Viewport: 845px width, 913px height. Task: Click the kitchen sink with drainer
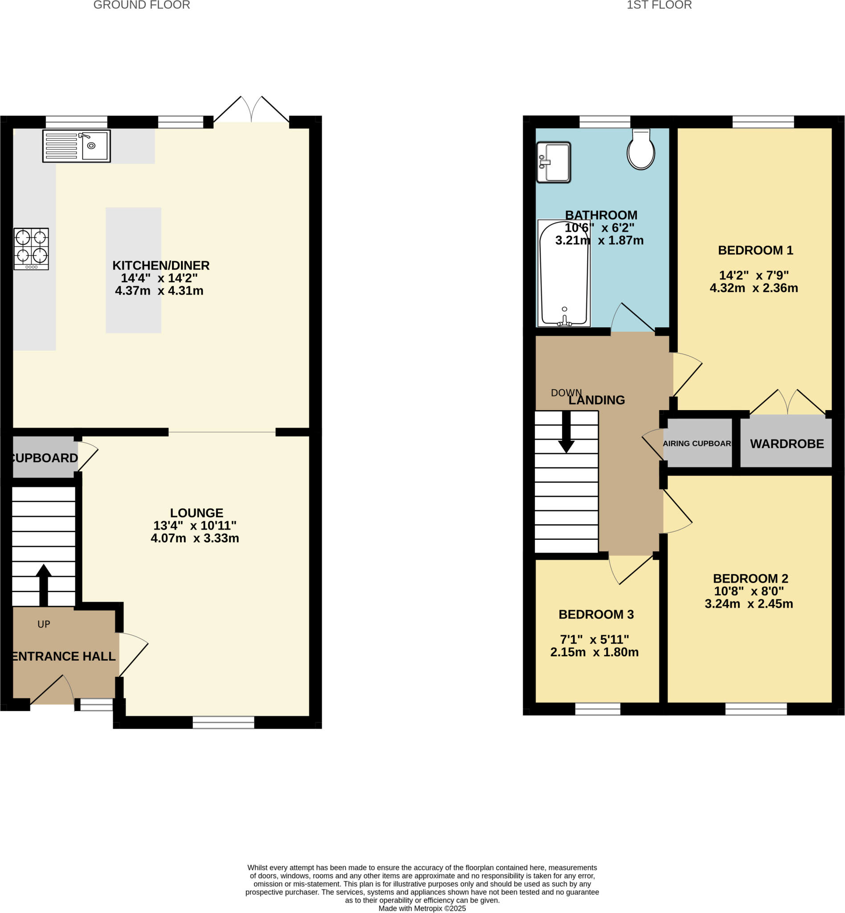pos(76,146)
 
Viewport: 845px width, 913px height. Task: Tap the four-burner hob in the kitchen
pos(31,249)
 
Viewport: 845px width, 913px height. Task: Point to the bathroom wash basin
pos(554,162)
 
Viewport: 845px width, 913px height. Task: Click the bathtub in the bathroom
pos(564,274)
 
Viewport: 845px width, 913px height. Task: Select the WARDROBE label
pos(787,444)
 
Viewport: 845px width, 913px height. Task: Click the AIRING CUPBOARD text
pos(697,444)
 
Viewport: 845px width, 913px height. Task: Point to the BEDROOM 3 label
pos(596,614)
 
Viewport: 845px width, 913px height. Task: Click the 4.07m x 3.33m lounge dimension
pos(195,539)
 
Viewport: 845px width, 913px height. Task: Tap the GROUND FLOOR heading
pos(142,5)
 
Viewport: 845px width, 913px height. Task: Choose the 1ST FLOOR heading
pos(659,5)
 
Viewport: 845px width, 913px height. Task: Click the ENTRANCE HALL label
pos(64,656)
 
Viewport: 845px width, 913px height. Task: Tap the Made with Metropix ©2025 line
pos(422,909)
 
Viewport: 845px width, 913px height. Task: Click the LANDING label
pos(596,400)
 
